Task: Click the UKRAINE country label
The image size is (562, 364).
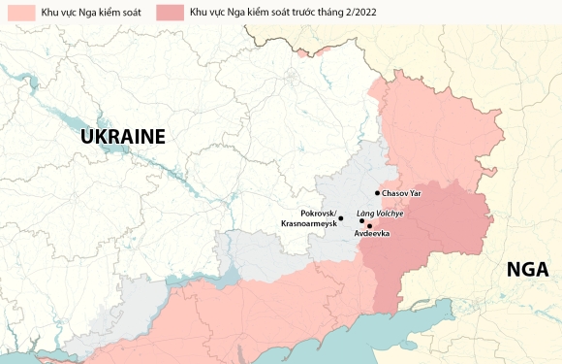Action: pos(123,137)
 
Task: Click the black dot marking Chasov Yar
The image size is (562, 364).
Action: pos(377,193)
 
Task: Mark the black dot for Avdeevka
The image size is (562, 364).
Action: pos(369,225)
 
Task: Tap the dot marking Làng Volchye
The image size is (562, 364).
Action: pos(361,220)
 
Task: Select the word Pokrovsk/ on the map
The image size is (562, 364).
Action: pos(318,213)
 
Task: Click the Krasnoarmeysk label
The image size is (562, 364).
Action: pos(309,224)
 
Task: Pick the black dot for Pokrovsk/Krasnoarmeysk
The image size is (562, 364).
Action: pos(340,218)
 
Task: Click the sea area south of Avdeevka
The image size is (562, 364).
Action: pos(388,335)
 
